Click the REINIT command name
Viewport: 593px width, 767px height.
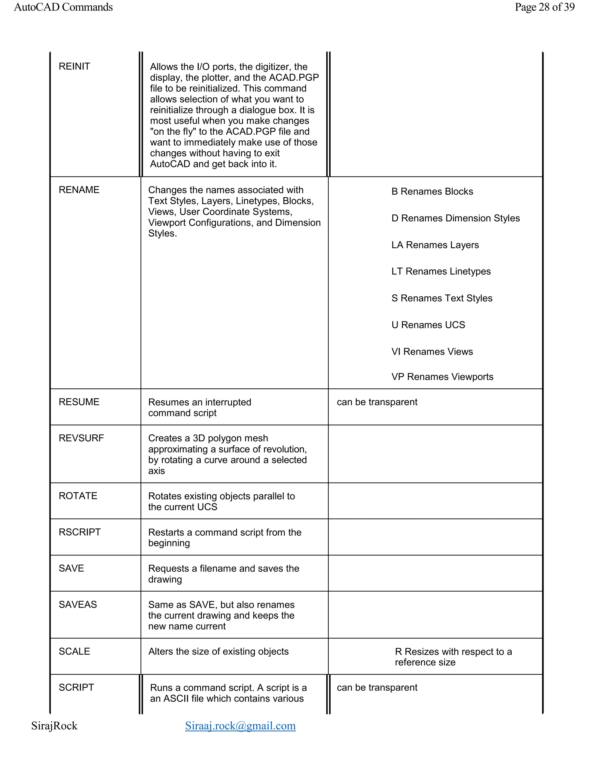pyautogui.click(x=74, y=66)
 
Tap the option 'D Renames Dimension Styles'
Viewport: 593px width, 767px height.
pyautogui.click(x=455, y=218)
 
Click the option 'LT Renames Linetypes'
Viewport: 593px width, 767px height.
pyautogui.click(x=441, y=271)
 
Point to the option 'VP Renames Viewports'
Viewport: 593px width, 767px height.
pyautogui.click(x=442, y=377)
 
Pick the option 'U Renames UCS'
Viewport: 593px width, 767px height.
pyautogui.click(x=428, y=325)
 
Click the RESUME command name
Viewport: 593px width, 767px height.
pyautogui.click(x=79, y=402)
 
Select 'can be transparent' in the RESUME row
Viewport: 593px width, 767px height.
pyautogui.click(x=377, y=402)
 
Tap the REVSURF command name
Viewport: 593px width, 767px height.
pyautogui.click(x=81, y=438)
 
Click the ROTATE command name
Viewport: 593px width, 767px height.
pyautogui.click(x=78, y=496)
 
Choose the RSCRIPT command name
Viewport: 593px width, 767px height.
pyautogui.click(x=80, y=532)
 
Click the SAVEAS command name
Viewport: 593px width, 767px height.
pyautogui.click(x=78, y=604)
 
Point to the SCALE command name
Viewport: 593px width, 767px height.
pyautogui.click(x=74, y=652)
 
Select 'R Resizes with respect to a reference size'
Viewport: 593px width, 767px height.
pyautogui.click(x=453, y=657)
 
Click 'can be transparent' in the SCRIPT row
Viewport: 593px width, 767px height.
pyautogui.click(x=377, y=687)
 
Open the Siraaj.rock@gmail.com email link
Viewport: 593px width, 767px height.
pyautogui.click(x=240, y=726)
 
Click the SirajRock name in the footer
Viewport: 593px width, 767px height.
pyautogui.click(x=54, y=726)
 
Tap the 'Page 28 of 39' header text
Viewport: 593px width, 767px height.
pyautogui.click(x=545, y=7)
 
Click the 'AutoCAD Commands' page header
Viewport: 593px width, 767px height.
pyautogui.click(x=63, y=7)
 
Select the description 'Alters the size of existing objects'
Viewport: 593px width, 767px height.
pyautogui.click(x=218, y=652)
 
